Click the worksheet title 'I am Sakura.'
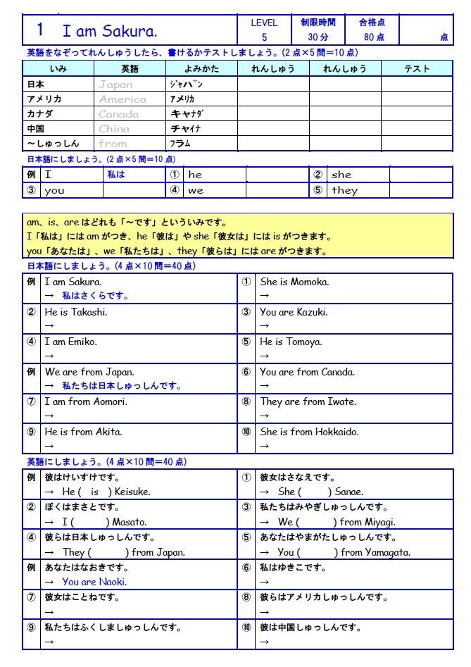click(110, 31)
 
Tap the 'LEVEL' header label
click(264, 23)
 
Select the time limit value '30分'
click(318, 37)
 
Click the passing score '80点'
click(375, 37)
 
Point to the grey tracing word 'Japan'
click(115, 85)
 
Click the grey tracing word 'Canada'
click(119, 114)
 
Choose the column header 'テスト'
click(417, 69)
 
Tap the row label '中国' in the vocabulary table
click(35, 129)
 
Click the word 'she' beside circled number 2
click(341, 175)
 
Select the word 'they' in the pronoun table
click(345, 191)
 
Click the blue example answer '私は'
click(116, 175)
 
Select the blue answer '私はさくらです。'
click(95, 296)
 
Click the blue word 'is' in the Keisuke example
click(95, 492)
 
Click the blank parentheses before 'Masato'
click(91, 522)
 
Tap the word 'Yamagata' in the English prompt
click(387, 552)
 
